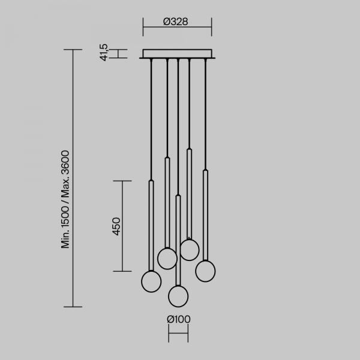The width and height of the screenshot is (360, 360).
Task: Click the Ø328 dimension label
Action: pos(176,22)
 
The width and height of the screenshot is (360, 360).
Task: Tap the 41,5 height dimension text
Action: pos(104,52)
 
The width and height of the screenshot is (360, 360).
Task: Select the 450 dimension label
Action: pos(116,226)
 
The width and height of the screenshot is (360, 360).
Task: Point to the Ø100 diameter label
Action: pos(179,319)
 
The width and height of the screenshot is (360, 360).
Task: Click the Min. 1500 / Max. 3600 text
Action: pos(65,199)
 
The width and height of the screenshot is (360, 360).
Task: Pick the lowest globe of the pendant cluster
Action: pos(178,296)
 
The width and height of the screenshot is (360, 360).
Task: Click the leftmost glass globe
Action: pos(151,281)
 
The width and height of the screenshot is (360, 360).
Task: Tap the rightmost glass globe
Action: pos(205,271)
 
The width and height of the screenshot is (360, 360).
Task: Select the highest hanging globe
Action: pos(190,250)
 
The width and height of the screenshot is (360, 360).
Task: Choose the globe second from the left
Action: pos(167,259)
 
